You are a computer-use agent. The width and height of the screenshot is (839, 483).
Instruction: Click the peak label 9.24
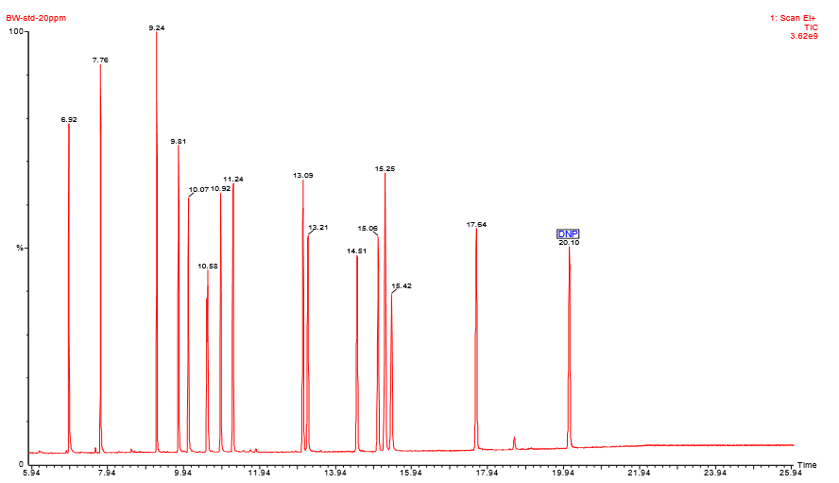[x=157, y=28]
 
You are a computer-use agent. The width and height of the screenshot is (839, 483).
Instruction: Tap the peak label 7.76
[x=100, y=60]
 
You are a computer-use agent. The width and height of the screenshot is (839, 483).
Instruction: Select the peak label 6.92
[x=69, y=120]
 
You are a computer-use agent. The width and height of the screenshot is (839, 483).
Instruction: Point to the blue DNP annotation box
[x=568, y=233]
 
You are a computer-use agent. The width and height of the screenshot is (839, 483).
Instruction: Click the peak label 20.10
[x=569, y=243]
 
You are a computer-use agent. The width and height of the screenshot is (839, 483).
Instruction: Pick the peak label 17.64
[x=476, y=225]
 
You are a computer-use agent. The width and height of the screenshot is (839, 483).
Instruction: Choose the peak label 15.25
[x=385, y=168]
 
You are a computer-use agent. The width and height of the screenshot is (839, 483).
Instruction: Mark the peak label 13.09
[x=303, y=176]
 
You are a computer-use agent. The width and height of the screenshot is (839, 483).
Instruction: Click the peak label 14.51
[x=357, y=250]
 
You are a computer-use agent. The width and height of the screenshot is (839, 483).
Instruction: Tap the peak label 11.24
[x=233, y=179]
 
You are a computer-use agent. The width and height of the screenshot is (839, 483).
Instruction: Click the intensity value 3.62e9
[x=803, y=36]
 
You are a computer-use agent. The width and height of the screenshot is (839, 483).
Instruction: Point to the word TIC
[x=810, y=27]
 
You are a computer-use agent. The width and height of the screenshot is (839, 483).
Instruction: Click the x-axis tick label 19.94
[x=563, y=473]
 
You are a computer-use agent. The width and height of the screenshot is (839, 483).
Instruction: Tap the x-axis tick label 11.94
[x=259, y=473]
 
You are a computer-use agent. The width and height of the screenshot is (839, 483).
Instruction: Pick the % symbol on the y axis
[x=18, y=249]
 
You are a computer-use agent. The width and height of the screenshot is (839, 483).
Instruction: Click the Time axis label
[x=806, y=465]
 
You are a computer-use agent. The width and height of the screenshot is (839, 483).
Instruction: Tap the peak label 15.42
[x=402, y=285]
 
